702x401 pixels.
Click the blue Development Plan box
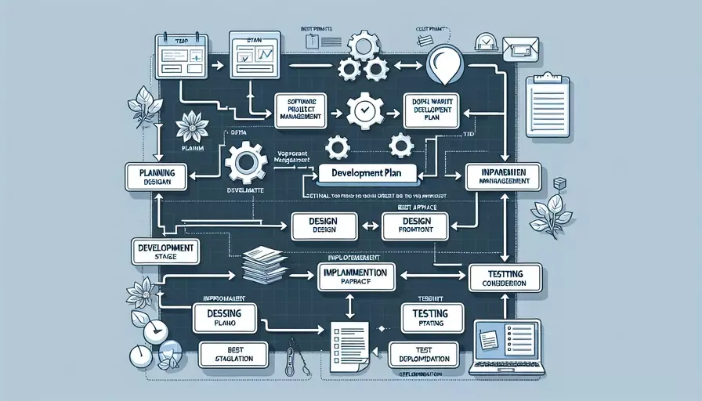click(367, 172)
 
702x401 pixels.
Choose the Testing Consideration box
click(506, 277)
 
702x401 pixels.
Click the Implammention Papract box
click(356, 277)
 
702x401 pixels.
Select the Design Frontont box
click(416, 227)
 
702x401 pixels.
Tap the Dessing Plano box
click(224, 320)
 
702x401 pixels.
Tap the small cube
click(559, 183)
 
